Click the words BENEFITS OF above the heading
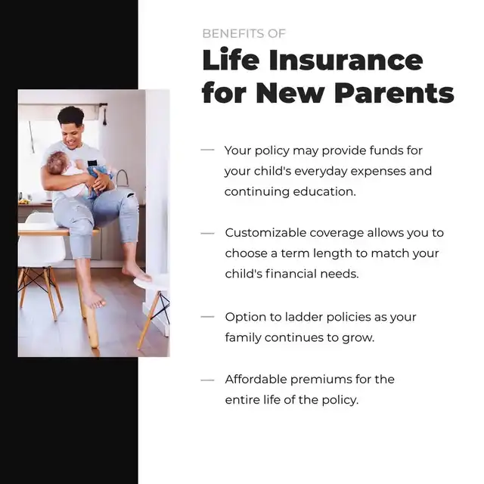click(x=244, y=33)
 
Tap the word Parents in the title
click(x=394, y=92)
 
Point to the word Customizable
click(x=264, y=233)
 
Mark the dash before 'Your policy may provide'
click(x=207, y=150)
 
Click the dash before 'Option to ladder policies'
click(x=207, y=317)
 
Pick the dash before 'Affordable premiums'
click(x=207, y=380)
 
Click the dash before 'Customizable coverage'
click(x=207, y=234)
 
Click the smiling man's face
click(x=73, y=135)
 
